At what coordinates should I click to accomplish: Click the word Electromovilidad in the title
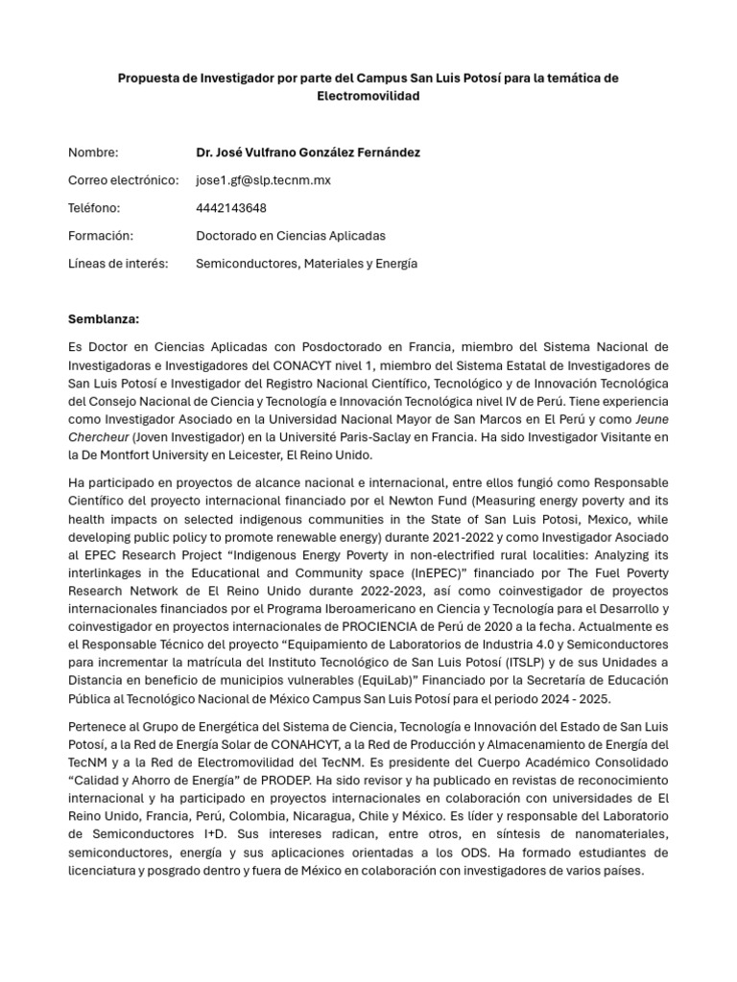click(368, 97)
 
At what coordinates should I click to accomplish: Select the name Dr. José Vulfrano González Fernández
click(307, 152)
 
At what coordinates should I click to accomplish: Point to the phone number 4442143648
click(231, 208)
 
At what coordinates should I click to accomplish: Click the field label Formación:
click(101, 236)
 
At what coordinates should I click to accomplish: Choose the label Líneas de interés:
click(118, 264)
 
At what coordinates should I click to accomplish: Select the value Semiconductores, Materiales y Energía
click(306, 264)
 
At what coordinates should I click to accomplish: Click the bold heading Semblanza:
click(104, 318)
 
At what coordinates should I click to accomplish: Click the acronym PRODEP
click(312, 781)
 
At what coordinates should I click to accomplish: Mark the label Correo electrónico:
click(124, 180)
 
